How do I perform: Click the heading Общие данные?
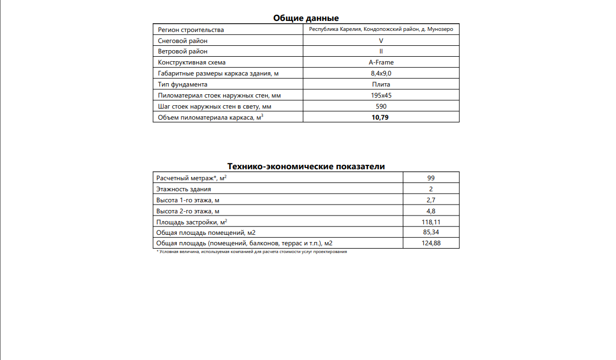point(306,18)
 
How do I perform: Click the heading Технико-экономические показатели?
point(306,166)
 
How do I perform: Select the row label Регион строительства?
point(191,30)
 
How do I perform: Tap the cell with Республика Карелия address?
point(381,29)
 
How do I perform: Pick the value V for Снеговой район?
point(381,41)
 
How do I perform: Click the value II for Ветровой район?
point(381,51)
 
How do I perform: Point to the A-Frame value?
point(381,62)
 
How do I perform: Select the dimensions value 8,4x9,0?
point(381,73)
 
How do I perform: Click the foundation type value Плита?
point(381,84)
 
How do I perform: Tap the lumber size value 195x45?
point(381,95)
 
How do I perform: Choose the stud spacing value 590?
point(381,106)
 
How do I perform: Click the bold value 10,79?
point(381,117)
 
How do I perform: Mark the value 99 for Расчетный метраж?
point(431,178)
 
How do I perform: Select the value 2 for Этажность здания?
point(431,189)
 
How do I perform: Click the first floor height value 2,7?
point(431,200)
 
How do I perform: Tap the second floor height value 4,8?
point(431,211)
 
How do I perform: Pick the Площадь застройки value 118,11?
point(431,222)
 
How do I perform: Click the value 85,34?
point(431,232)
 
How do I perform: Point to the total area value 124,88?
point(431,243)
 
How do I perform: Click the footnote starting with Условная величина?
point(252,251)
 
